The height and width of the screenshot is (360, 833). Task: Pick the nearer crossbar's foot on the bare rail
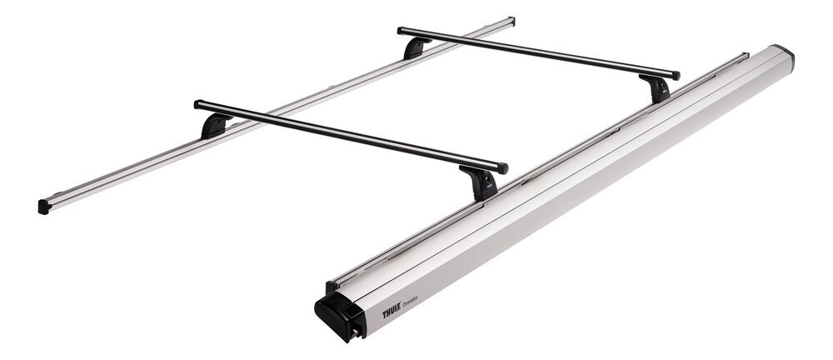[214, 126]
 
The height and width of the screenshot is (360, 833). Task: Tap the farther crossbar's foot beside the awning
[657, 87]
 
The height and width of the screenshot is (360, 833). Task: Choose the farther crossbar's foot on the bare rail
[416, 47]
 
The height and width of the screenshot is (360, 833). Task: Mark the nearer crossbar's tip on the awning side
[503, 167]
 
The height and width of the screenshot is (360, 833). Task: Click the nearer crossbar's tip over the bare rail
[198, 104]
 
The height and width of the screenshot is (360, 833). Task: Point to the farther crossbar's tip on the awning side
[676, 76]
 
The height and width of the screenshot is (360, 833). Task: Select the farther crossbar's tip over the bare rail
[402, 31]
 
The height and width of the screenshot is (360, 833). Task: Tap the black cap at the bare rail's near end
[43, 206]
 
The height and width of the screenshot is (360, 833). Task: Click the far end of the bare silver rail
[511, 20]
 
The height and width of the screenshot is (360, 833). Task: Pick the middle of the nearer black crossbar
[350, 136]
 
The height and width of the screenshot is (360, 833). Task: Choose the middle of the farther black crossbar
[538, 52]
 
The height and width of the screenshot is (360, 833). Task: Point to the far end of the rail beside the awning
[744, 57]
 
